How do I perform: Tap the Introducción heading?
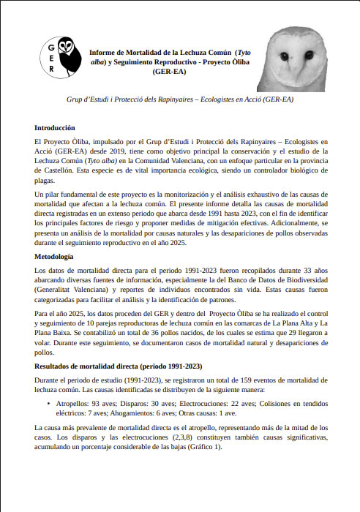(55, 127)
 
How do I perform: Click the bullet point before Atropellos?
(48, 402)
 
